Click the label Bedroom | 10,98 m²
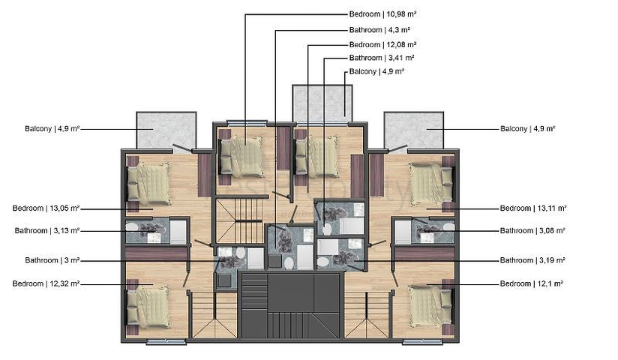coord(383,14)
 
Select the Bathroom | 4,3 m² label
coord(379,30)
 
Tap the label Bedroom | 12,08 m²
coord(383,44)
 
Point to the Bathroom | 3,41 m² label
coord(382,58)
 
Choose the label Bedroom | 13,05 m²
coord(46,208)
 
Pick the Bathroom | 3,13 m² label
coord(46,231)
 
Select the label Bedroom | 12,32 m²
coord(46,283)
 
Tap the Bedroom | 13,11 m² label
coord(533,208)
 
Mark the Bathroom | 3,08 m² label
coord(532,231)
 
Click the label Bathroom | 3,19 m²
coord(532,261)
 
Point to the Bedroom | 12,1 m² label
coord(532,283)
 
